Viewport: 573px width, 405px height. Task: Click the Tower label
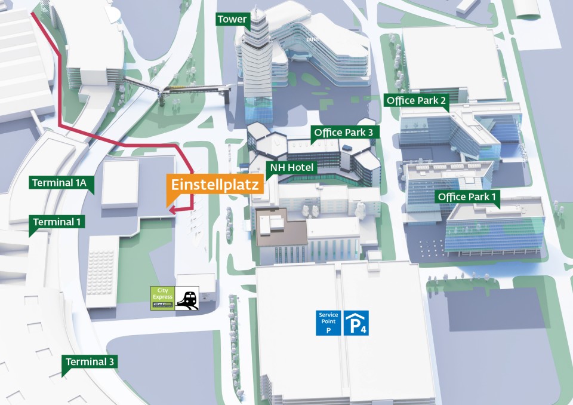click(232, 19)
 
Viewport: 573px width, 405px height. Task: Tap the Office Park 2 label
click(416, 100)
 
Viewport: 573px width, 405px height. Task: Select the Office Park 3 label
click(343, 133)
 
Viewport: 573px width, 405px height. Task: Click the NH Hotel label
click(292, 167)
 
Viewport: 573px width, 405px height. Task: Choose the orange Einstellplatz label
click(215, 185)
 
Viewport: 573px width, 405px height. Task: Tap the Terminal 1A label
click(61, 182)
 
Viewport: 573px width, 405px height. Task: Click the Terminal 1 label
click(58, 222)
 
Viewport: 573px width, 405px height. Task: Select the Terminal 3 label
click(90, 361)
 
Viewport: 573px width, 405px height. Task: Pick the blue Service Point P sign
click(328, 323)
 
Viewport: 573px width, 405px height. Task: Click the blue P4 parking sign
click(356, 323)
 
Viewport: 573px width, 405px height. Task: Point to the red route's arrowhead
click(171, 210)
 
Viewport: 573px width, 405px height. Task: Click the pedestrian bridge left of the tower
click(179, 90)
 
